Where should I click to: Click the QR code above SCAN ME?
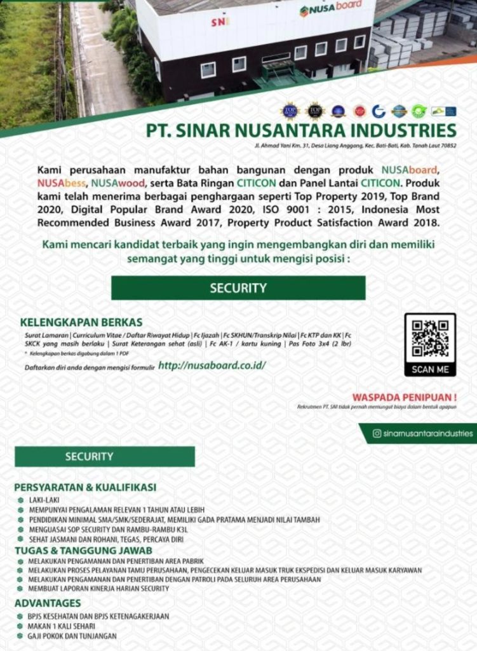(x=430, y=339)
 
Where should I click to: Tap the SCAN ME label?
(x=430, y=369)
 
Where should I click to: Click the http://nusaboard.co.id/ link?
(x=212, y=366)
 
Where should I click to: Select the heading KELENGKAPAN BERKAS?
(x=81, y=322)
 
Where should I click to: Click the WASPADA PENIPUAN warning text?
(x=405, y=397)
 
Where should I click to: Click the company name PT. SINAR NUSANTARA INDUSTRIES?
(x=301, y=131)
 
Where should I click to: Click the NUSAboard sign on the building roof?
(x=331, y=8)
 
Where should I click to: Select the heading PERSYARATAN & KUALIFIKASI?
(x=85, y=488)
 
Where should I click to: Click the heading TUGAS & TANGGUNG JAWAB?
(x=83, y=550)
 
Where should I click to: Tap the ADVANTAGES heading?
(x=48, y=603)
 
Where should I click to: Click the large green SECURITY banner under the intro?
(x=238, y=288)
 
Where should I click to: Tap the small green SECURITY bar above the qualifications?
(x=105, y=456)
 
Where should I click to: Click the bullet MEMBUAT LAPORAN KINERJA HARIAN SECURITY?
(x=98, y=589)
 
